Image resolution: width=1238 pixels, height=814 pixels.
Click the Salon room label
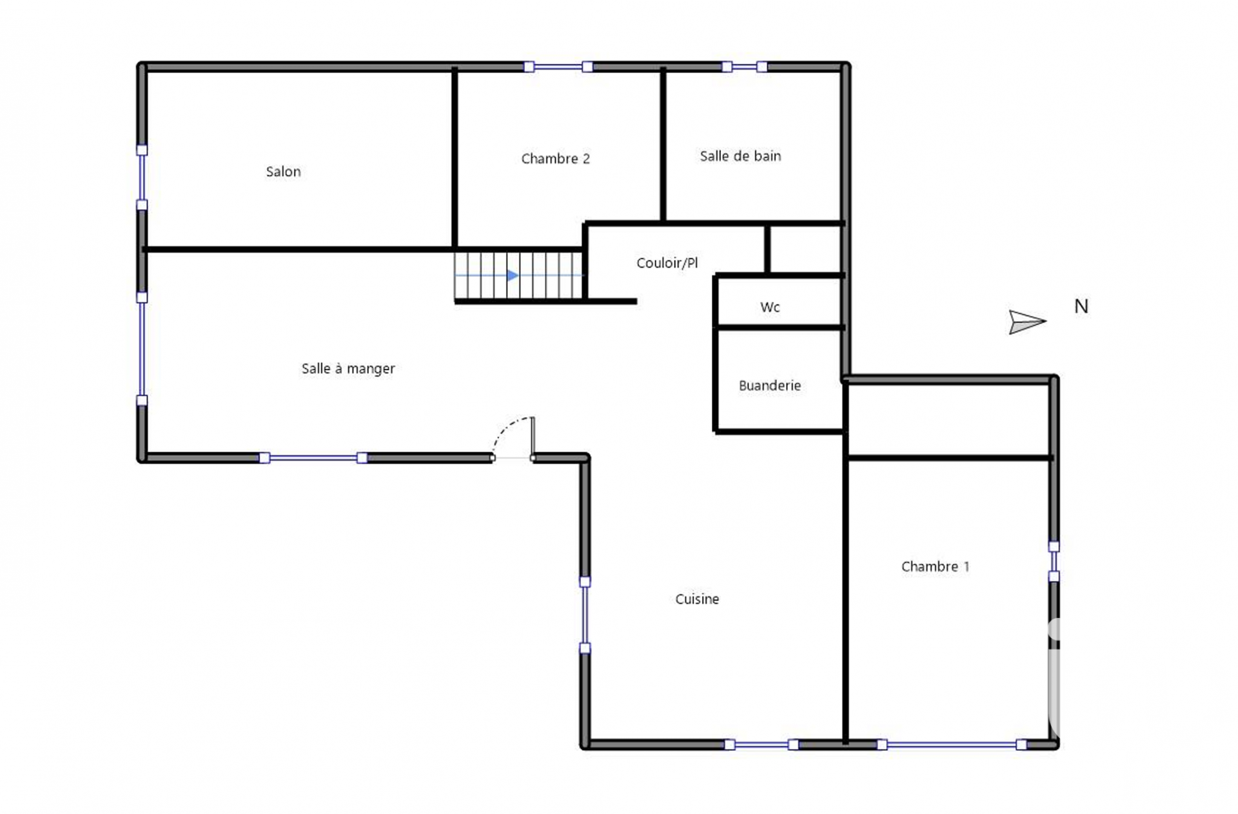(283, 172)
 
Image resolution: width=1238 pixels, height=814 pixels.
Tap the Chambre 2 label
(555, 159)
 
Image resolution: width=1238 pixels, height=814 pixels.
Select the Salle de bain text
(740, 156)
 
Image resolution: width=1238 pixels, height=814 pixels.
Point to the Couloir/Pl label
(667, 263)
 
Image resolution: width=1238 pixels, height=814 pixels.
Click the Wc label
(770, 307)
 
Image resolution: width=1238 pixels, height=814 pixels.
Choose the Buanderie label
(769, 386)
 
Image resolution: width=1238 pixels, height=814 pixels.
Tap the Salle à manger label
(348, 369)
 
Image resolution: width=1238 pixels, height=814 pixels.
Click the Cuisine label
(697, 599)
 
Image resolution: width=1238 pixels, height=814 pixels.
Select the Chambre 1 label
(935, 566)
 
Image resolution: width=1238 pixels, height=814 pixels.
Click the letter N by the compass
(1081, 306)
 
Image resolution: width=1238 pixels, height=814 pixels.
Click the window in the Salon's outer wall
(142, 178)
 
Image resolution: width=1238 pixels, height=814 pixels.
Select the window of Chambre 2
(558, 66)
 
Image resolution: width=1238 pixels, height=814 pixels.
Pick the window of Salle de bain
(744, 66)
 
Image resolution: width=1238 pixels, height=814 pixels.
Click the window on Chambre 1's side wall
(1054, 561)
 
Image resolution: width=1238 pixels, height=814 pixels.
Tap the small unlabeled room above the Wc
(805, 250)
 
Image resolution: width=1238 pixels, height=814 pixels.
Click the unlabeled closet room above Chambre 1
(948, 420)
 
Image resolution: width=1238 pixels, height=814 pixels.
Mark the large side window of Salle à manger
(142, 349)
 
